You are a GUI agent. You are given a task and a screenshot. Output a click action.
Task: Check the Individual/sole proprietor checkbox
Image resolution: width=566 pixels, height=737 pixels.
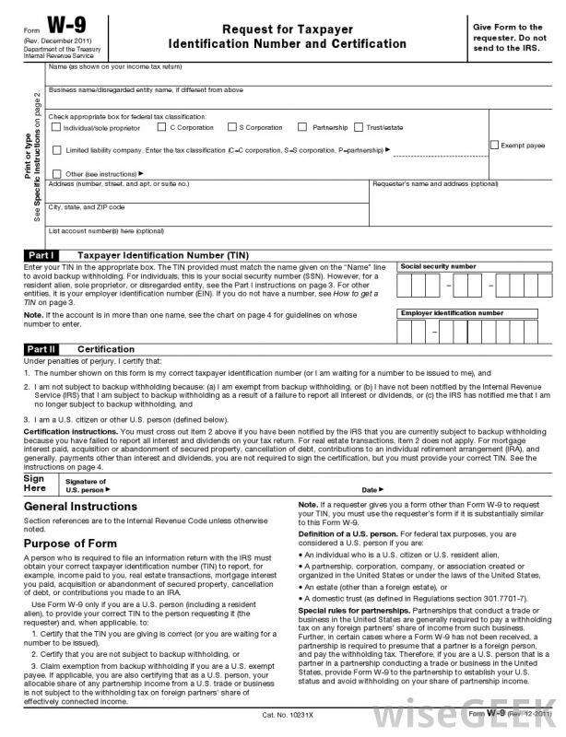(x=55, y=127)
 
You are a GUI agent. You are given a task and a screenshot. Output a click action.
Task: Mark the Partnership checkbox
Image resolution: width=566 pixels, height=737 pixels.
(x=302, y=127)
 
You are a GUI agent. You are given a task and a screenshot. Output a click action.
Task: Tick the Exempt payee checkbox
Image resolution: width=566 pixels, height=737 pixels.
(x=494, y=146)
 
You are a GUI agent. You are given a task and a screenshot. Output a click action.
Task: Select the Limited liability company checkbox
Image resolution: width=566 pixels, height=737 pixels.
(x=57, y=149)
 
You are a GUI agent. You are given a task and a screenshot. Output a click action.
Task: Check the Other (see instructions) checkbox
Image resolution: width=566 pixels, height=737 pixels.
(x=57, y=172)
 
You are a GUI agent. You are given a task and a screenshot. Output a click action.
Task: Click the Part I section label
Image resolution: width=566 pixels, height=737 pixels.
(x=42, y=253)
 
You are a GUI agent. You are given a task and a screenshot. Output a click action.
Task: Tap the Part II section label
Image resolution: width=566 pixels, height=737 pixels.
(x=42, y=350)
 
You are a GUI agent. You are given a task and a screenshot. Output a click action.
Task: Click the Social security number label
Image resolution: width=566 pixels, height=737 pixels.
(x=438, y=265)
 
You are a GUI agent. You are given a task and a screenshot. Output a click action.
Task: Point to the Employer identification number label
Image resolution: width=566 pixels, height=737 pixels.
(x=452, y=312)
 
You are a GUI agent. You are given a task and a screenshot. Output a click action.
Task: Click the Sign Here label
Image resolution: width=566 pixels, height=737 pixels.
(x=34, y=485)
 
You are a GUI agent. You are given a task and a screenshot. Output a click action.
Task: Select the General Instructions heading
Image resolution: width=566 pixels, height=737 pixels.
(x=80, y=507)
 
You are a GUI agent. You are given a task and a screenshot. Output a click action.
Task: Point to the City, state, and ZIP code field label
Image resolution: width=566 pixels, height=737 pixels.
(x=86, y=206)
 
